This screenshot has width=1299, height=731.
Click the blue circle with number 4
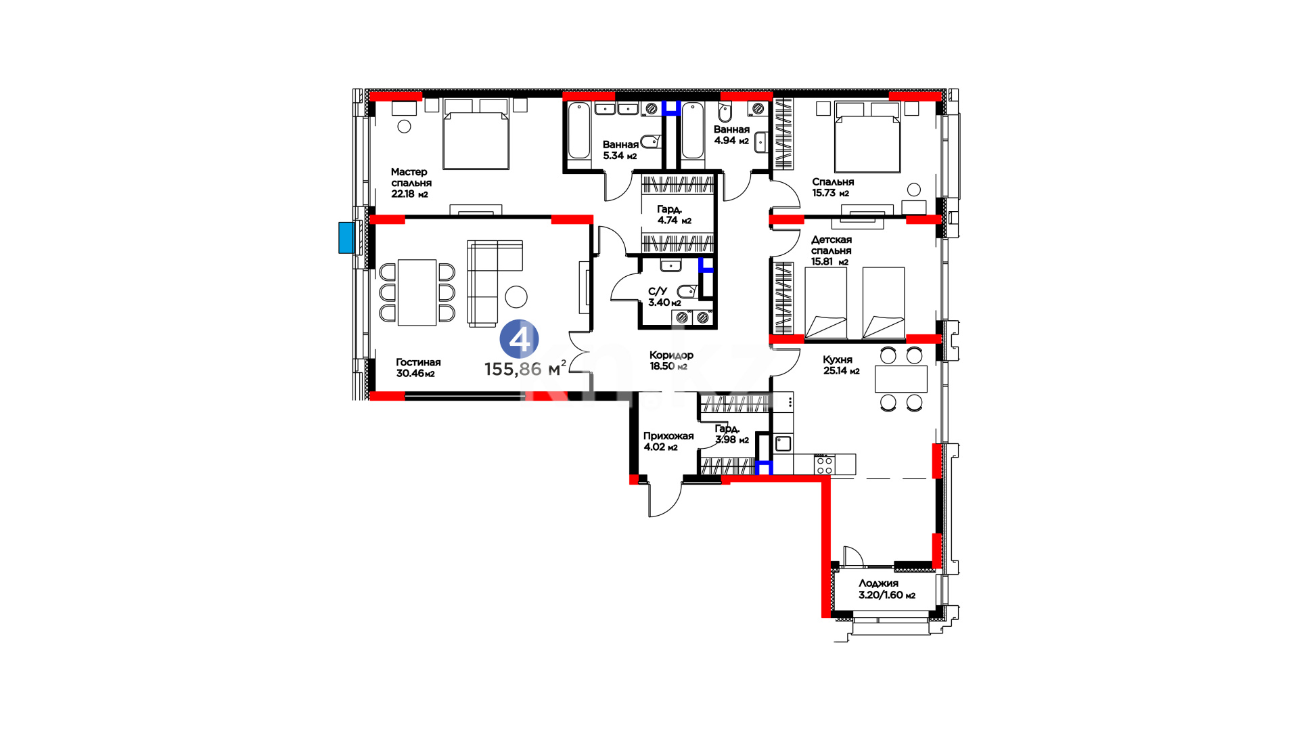pos(519,339)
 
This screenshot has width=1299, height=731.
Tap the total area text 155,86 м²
pos(525,368)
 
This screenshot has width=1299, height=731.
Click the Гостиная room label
pos(418,362)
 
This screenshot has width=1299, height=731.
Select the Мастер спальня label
pos(411,177)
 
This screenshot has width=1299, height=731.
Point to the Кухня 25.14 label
pos(841,365)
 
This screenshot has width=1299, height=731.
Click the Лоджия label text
pos(878,583)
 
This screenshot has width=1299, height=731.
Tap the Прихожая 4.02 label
pos(668,441)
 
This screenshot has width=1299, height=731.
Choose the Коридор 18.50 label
pos(671,360)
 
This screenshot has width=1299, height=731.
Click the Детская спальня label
pos(831,245)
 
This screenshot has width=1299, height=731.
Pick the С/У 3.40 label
pos(664,296)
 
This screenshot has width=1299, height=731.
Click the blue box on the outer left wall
pos(346,238)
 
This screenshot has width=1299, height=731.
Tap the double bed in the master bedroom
pos(476,134)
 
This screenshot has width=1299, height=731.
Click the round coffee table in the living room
pos(516,296)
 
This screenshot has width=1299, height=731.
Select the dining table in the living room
pos(417,292)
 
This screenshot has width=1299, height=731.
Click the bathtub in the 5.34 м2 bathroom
pos(579,131)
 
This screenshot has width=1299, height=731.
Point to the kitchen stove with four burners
pos(824,464)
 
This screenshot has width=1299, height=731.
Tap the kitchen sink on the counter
pos(783,444)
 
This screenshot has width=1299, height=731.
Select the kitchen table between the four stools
pos(901,379)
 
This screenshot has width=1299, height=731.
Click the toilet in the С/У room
pos(687,292)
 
